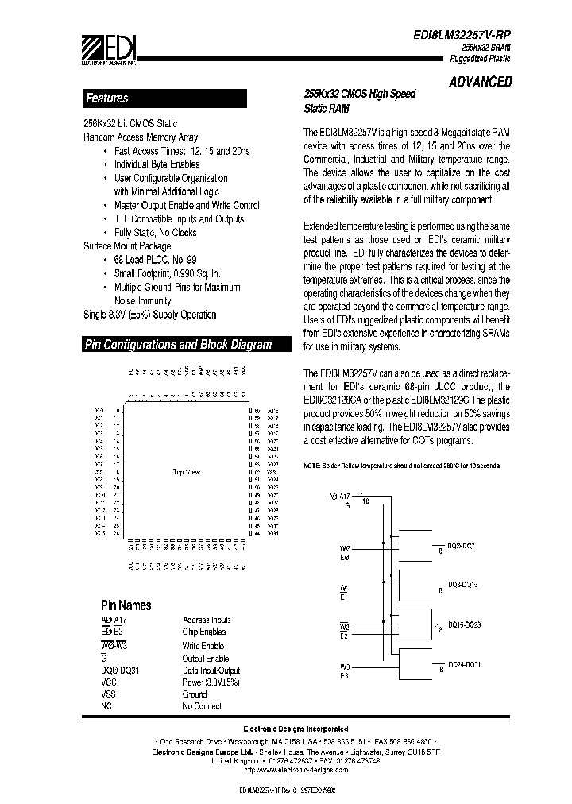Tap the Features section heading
(x=106, y=99)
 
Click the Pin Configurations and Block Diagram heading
(x=178, y=345)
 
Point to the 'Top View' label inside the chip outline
(x=187, y=472)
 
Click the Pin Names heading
(x=126, y=605)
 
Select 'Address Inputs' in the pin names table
(x=207, y=620)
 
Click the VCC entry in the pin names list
(x=109, y=682)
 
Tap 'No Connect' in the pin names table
(x=202, y=706)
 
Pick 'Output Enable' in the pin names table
(x=205, y=659)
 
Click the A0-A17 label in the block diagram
(x=339, y=496)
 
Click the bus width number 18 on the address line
(x=365, y=501)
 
